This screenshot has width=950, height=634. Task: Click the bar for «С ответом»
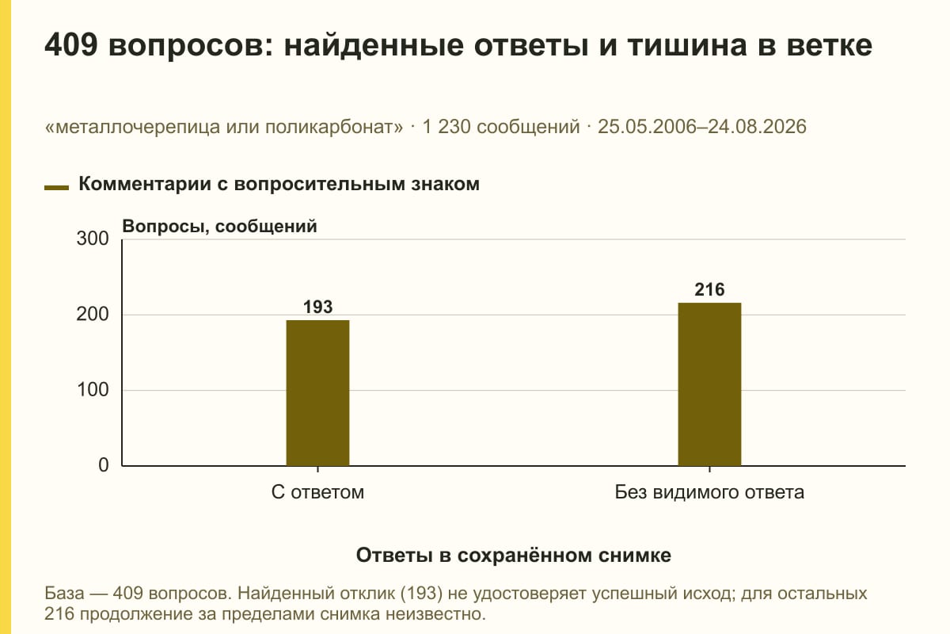(317, 393)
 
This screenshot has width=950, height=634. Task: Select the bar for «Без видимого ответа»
(709, 384)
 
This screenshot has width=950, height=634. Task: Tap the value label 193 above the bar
(317, 307)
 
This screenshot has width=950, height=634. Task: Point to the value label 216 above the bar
(709, 289)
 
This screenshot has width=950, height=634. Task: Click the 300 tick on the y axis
(93, 239)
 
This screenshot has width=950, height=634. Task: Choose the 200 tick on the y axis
(93, 315)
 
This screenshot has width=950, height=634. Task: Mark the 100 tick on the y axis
(93, 390)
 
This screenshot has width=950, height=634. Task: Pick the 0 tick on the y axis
(104, 465)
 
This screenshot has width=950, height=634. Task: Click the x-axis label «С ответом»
(317, 493)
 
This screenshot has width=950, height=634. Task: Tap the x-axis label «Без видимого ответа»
(709, 493)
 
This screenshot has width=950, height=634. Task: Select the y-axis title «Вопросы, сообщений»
(219, 227)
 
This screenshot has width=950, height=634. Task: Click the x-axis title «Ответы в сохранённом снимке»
(514, 556)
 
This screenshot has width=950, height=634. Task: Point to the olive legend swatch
(56, 187)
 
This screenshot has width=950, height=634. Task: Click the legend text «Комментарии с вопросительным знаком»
(279, 185)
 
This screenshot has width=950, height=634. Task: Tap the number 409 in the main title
(71, 45)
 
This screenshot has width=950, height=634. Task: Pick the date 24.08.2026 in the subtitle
(757, 127)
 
